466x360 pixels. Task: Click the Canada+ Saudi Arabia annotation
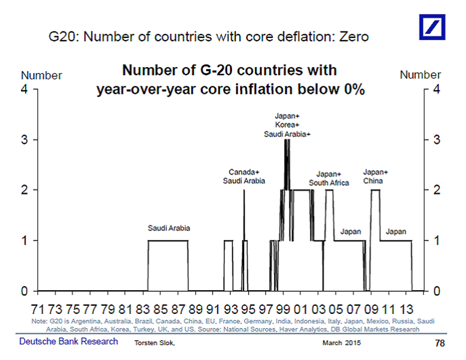click(244, 177)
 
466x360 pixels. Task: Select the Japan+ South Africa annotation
click(329, 178)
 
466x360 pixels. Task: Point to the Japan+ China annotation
click(375, 177)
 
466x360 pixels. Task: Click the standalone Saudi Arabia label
click(169, 228)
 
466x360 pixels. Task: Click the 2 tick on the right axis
click(436, 190)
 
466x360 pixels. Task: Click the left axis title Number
click(41, 76)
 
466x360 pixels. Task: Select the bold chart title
click(230, 80)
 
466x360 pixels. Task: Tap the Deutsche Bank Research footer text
click(69, 341)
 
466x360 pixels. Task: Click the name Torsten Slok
click(154, 343)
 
